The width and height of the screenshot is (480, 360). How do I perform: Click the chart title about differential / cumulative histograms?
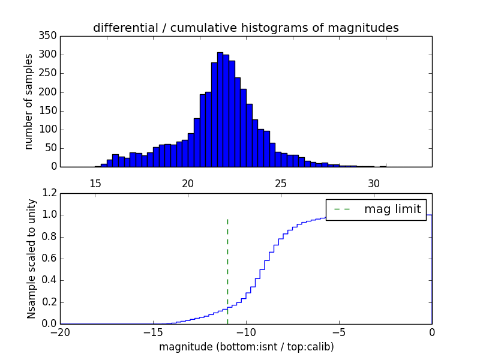click(246, 28)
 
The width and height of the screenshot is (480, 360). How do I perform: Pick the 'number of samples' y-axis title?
click(29, 101)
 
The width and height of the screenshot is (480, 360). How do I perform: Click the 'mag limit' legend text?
click(392, 209)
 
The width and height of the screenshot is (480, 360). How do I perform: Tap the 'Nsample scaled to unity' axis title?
click(31, 259)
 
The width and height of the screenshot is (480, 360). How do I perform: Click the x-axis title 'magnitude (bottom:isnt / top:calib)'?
click(246, 347)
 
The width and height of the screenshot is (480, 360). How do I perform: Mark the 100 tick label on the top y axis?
click(50, 130)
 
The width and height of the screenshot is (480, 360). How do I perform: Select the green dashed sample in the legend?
click(341, 209)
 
